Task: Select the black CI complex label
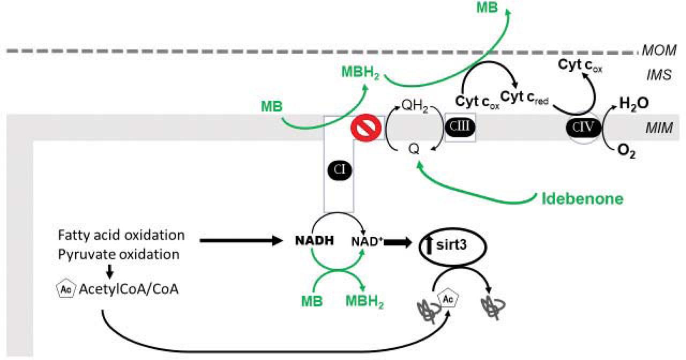pyautogui.click(x=339, y=170)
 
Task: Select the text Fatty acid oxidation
pyautogui.click(x=121, y=235)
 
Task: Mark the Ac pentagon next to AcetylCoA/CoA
pyautogui.click(x=63, y=289)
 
